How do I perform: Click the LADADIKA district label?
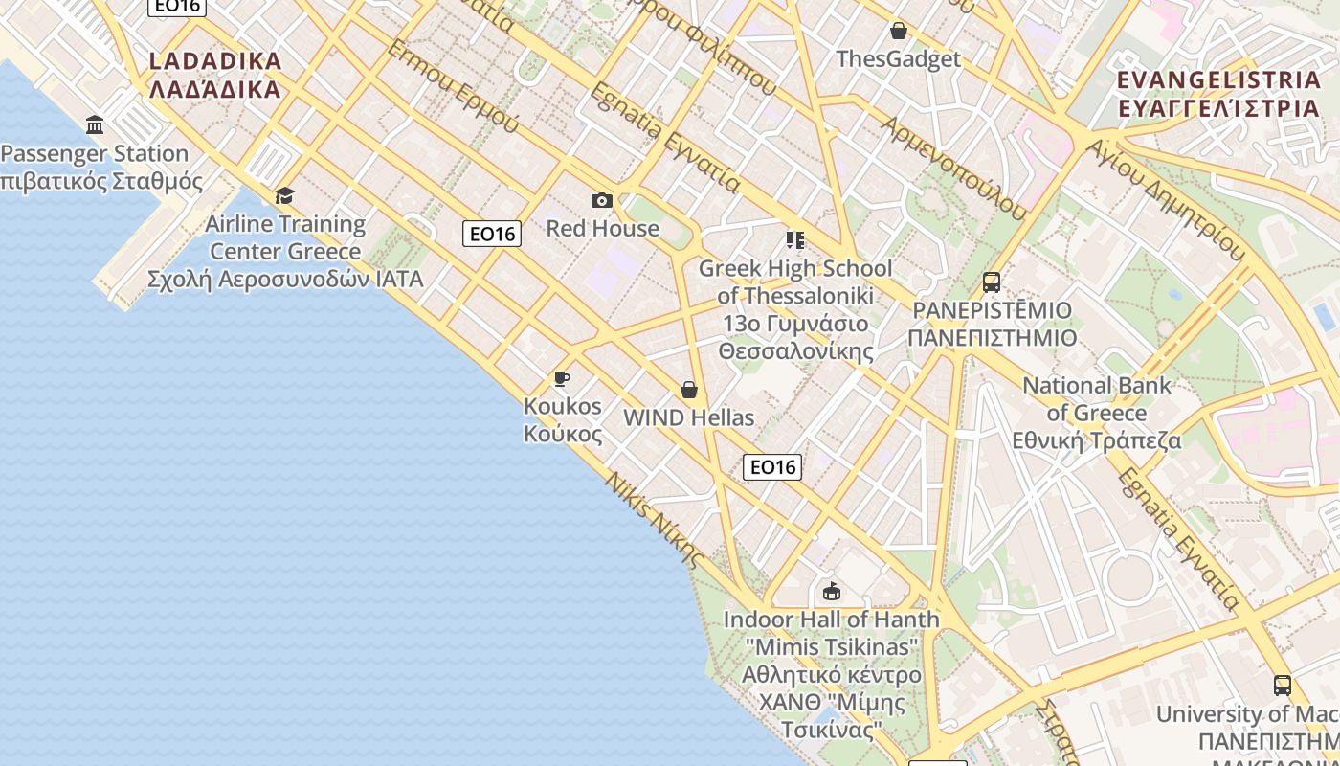click(x=215, y=75)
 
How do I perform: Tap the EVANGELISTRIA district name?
click(x=1218, y=93)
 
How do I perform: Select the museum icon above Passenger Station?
click(x=95, y=124)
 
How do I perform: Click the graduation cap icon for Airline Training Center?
click(x=284, y=196)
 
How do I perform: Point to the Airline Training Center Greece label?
click(x=285, y=251)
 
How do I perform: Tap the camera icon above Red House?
click(x=602, y=200)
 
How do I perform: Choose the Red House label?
click(x=602, y=228)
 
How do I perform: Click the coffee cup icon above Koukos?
click(x=562, y=378)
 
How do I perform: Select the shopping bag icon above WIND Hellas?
click(x=688, y=390)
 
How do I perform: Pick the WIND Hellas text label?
click(x=688, y=417)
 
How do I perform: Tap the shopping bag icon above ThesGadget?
click(x=898, y=31)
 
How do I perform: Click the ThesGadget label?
click(x=898, y=59)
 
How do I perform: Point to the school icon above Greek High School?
click(x=794, y=239)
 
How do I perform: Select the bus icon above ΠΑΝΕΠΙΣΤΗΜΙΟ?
click(x=992, y=282)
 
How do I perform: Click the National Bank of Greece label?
click(x=1097, y=413)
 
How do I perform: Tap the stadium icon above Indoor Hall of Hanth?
click(x=831, y=591)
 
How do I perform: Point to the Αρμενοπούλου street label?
click(x=951, y=169)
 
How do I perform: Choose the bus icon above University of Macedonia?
click(x=1282, y=686)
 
